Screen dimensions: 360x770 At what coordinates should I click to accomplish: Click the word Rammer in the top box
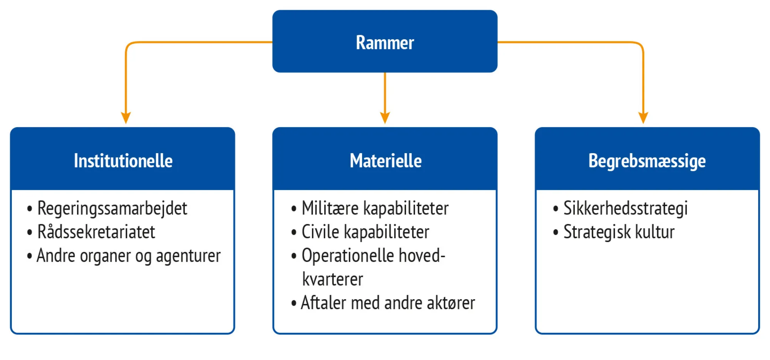[x=385, y=42]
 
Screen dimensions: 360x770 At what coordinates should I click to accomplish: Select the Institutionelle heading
[x=123, y=161]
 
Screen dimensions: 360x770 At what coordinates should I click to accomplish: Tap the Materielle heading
[x=385, y=161]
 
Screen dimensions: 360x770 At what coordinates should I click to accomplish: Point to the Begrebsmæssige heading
[x=647, y=161]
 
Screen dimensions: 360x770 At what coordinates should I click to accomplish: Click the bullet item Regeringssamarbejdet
[x=112, y=209]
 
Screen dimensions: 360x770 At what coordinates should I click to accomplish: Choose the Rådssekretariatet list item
[x=96, y=232]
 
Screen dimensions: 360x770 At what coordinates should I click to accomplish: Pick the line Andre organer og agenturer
[x=129, y=256]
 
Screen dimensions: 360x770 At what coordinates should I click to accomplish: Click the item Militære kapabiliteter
[x=375, y=209]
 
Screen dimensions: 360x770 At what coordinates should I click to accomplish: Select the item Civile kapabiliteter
[x=365, y=232]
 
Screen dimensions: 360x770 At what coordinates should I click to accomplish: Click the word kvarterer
[x=333, y=280]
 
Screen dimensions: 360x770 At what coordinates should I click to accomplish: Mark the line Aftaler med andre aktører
[x=388, y=303]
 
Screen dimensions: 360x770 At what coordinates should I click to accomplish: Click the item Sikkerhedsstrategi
[x=626, y=209]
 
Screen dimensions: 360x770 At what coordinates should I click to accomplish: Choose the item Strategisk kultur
[x=619, y=232]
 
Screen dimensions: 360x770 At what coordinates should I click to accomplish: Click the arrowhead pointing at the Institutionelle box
[x=126, y=117]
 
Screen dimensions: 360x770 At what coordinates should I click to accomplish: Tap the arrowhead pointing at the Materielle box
[x=385, y=117]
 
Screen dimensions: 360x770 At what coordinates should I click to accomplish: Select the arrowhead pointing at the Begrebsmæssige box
[x=643, y=117]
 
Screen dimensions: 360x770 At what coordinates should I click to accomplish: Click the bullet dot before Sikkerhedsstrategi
[x=556, y=209]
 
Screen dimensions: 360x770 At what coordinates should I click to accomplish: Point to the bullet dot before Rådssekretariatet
[x=30, y=233]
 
